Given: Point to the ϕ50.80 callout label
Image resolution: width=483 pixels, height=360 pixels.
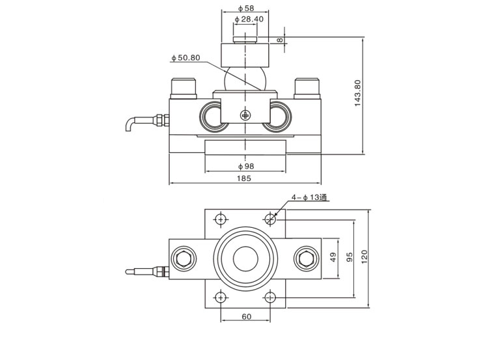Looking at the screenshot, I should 186,58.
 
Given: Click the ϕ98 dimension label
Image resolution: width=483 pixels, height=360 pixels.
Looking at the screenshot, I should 245,166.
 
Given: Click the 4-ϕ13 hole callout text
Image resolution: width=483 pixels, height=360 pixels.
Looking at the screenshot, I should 301,197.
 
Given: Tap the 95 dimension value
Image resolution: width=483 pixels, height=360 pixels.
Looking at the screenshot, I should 349,258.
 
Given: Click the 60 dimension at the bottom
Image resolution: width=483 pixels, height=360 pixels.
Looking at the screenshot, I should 245,316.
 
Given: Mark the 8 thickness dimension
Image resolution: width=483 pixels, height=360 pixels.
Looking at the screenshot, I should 281,40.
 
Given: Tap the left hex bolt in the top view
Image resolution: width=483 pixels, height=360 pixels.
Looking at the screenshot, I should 182,258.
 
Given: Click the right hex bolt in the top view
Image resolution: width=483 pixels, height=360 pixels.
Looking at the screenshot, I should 305,258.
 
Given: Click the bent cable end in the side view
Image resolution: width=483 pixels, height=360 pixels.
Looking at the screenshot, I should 130,127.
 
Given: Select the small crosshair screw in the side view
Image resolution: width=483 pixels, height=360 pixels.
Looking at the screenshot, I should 245,115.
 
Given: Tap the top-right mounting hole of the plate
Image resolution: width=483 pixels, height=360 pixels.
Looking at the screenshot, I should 270,217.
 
